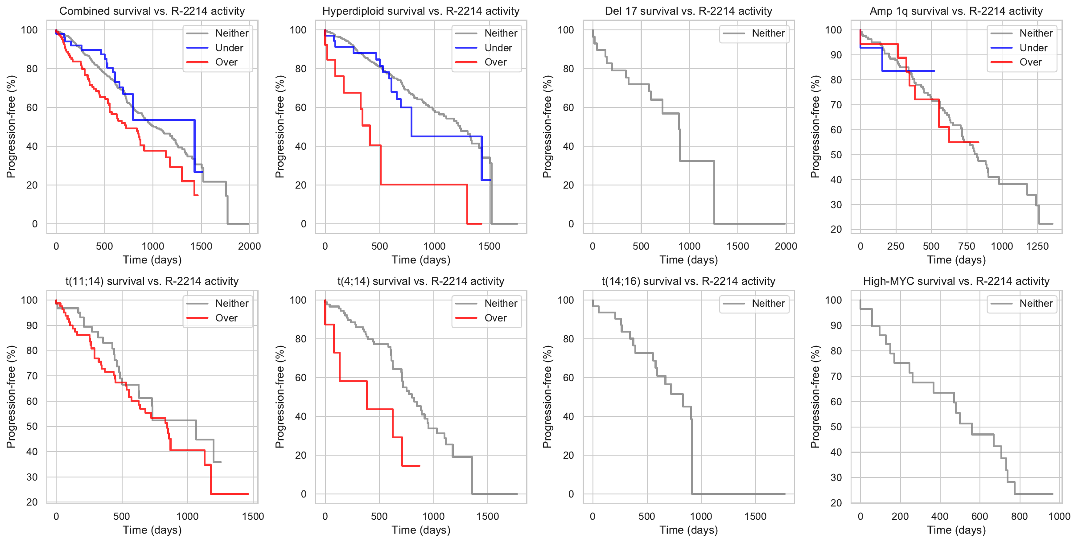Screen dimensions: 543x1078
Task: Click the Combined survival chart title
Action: (x=152, y=11)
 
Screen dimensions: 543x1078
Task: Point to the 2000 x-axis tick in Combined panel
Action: (x=249, y=246)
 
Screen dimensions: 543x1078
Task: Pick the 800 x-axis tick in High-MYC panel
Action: (x=1019, y=516)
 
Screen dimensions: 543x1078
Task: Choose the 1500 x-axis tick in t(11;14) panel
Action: (x=253, y=516)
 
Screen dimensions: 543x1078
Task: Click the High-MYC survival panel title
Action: (x=956, y=281)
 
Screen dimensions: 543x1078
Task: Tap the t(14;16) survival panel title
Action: (x=688, y=281)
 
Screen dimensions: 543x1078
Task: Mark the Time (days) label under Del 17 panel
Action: (x=688, y=260)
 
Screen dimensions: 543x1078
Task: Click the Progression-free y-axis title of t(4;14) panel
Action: (x=280, y=397)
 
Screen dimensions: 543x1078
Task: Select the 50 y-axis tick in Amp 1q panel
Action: (x=836, y=155)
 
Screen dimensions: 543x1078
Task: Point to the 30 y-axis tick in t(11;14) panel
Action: (x=32, y=477)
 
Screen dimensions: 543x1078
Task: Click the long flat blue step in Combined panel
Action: (x=164, y=120)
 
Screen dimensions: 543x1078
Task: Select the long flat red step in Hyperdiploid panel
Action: (x=424, y=185)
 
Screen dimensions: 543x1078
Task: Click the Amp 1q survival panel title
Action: (x=956, y=11)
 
